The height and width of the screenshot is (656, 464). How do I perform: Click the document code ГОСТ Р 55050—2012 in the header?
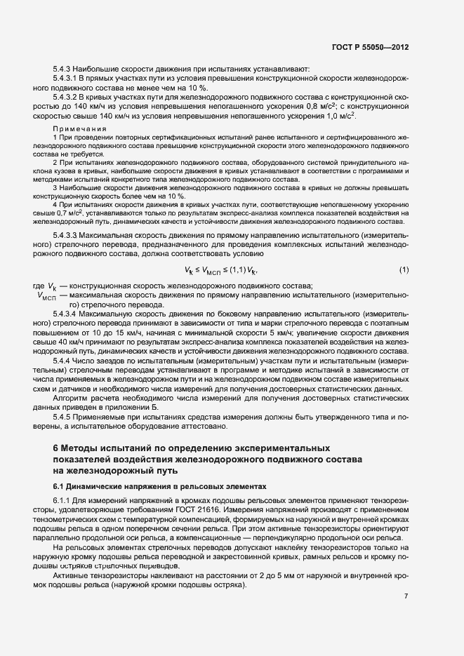point(371,48)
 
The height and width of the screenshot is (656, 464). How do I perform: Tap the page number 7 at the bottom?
point(406,596)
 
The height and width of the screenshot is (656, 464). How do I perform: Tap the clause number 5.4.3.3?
point(67,234)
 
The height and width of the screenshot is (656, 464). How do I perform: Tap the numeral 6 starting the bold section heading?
point(55,448)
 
